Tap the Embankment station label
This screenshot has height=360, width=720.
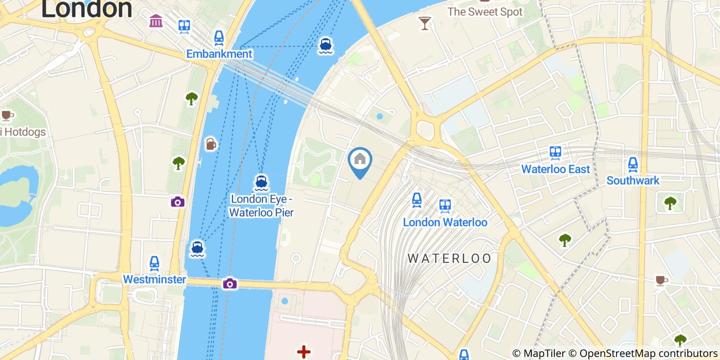[219, 54]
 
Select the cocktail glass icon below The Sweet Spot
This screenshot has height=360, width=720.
[425, 23]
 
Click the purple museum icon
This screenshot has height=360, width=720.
[156, 21]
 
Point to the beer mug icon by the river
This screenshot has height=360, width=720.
[210, 145]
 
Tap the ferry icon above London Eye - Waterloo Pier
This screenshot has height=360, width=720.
[261, 183]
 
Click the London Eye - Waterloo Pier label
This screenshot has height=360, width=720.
[261, 205]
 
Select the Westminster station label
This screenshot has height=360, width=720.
[154, 279]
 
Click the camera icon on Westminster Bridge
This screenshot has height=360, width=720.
[230, 283]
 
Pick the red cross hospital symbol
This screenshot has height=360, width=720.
[303, 352]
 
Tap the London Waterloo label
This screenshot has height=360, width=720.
[445, 222]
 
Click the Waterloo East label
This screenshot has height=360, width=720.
[555, 169]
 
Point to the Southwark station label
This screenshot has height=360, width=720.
[633, 181]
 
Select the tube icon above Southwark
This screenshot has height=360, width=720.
[633, 165]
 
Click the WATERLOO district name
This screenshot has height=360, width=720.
[449, 258]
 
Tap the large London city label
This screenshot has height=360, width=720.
[86, 9]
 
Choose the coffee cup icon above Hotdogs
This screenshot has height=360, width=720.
[7, 115]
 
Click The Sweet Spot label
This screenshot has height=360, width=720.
[484, 11]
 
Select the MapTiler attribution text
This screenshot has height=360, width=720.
[538, 353]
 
